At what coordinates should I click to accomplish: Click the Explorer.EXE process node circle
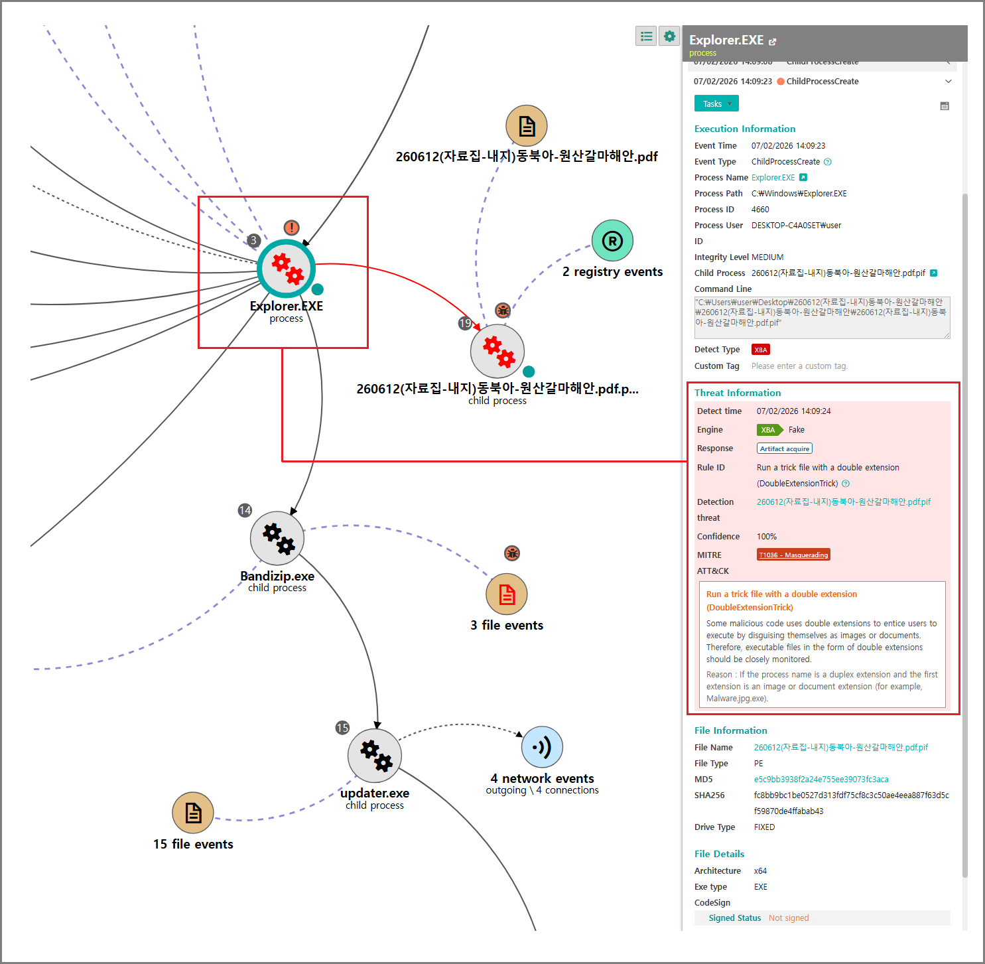(x=286, y=268)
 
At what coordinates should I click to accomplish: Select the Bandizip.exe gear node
(x=277, y=537)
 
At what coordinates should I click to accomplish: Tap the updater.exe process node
(x=375, y=756)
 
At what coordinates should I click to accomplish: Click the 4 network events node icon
(x=542, y=747)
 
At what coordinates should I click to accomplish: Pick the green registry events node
(x=612, y=240)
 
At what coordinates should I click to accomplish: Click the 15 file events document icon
(x=193, y=813)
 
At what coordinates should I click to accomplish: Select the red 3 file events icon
(x=507, y=594)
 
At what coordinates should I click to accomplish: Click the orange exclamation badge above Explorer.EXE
(x=291, y=228)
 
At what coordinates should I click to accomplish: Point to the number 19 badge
(x=465, y=323)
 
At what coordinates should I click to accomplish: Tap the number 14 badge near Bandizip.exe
(x=245, y=510)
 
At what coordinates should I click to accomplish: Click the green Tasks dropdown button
(x=716, y=103)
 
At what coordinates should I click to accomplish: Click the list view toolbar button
(x=646, y=36)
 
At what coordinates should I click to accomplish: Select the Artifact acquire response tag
(x=785, y=448)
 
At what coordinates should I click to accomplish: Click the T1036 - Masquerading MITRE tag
(x=793, y=555)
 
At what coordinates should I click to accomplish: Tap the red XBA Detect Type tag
(x=760, y=350)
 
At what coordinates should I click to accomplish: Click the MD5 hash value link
(x=821, y=779)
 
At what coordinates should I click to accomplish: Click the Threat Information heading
(x=738, y=393)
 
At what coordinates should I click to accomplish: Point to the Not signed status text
(x=789, y=918)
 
